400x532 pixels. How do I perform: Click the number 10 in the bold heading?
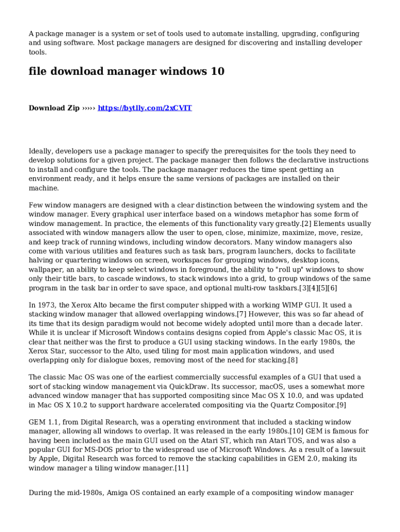(218, 72)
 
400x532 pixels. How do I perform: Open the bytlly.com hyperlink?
(145, 108)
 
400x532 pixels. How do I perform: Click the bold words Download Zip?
(54, 108)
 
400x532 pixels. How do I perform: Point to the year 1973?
(47, 305)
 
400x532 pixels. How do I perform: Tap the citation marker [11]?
(181, 469)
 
